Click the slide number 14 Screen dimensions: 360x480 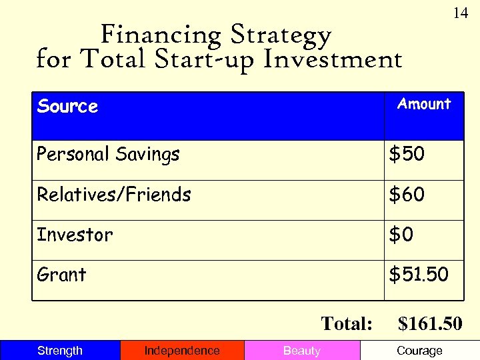pos(461,13)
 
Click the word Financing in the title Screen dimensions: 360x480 pos(161,35)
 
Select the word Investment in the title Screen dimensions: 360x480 pos(333,60)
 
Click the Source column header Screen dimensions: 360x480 pos(67,107)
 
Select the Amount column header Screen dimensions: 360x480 pos(424,104)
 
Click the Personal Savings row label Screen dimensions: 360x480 pos(108,155)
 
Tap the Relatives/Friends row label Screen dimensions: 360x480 pos(113,195)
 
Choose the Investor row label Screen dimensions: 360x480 pos(75,235)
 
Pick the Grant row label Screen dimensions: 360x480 pos(61,275)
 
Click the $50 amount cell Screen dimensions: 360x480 pos(407,155)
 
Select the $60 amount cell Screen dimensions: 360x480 pos(407,195)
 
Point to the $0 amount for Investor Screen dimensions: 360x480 pos(402,235)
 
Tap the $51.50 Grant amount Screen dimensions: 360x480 pos(419,275)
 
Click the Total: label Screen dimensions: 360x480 pos(347,324)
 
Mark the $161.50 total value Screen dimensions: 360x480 pos(429,324)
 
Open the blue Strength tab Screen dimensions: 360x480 pos(60,351)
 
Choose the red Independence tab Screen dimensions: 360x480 pos(182,351)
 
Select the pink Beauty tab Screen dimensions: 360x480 pos(302,351)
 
